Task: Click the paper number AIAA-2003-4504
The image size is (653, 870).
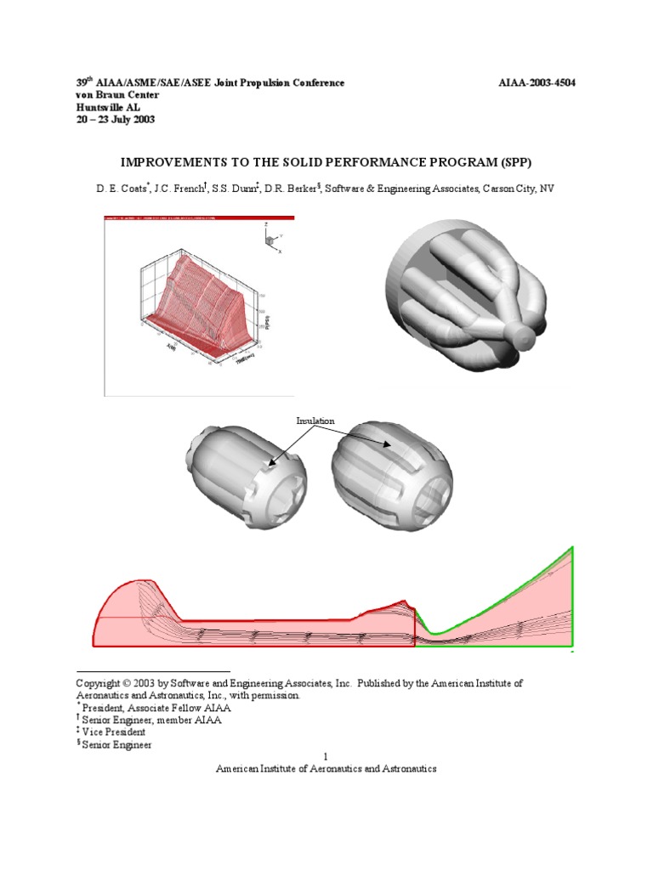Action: pyautogui.click(x=539, y=82)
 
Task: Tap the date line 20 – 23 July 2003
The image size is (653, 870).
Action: pyautogui.click(x=116, y=119)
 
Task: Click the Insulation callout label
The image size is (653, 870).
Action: pyautogui.click(x=315, y=421)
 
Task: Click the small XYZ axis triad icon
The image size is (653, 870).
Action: pyautogui.click(x=272, y=240)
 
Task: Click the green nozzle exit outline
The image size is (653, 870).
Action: pyautogui.click(x=573, y=595)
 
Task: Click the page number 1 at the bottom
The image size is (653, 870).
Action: pyautogui.click(x=326, y=756)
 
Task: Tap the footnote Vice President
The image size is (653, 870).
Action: pyautogui.click(x=113, y=732)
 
